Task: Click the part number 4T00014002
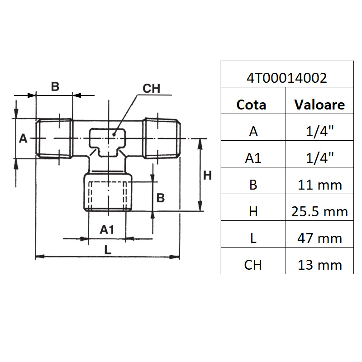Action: [286, 78]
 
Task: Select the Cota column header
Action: [251, 105]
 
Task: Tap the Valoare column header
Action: [319, 105]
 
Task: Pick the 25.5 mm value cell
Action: [319, 211]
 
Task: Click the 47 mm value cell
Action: [319, 238]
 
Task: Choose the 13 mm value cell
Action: [319, 265]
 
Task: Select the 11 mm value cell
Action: [319, 185]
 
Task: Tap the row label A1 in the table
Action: [253, 158]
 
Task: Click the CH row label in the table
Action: [253, 265]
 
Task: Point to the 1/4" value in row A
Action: [319, 132]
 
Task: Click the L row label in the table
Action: [253, 238]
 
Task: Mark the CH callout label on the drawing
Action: [152, 89]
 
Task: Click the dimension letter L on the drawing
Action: [107, 249]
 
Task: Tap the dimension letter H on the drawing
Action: [207, 176]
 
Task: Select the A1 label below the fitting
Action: [107, 230]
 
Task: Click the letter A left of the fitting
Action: [24, 138]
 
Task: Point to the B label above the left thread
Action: [55, 87]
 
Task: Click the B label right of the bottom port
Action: [161, 197]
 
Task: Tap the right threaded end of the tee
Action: [162, 138]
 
